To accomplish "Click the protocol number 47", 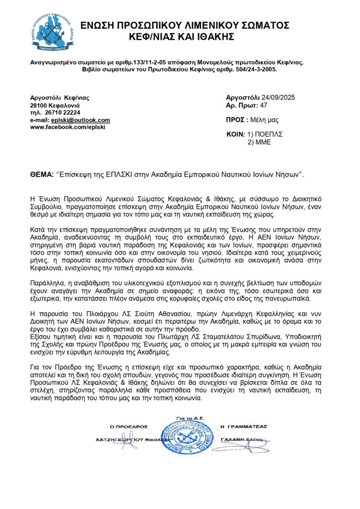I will point(264,105).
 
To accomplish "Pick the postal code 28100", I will point(39,106).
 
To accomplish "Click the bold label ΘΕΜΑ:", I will point(42,175).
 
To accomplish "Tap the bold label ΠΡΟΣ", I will point(234,120).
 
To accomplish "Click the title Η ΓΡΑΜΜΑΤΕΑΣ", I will point(244,426).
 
